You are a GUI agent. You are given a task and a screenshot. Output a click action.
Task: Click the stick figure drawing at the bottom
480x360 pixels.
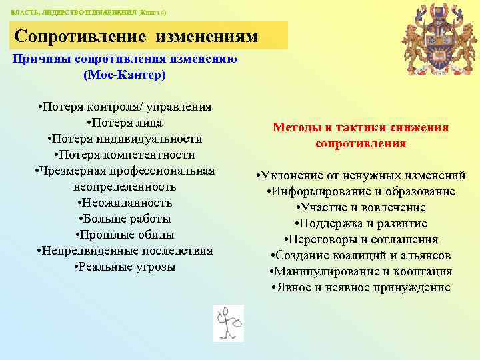pos(229,323)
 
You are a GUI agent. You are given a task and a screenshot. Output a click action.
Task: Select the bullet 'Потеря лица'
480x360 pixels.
pos(125,123)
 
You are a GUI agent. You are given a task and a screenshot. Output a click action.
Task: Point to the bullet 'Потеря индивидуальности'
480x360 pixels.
pos(125,139)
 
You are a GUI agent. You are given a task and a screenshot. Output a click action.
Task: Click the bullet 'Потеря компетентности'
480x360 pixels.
pos(125,155)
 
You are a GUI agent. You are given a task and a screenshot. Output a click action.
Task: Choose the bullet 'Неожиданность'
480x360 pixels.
pos(125,203)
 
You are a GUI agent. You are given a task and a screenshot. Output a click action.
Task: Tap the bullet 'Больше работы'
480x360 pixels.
pos(125,219)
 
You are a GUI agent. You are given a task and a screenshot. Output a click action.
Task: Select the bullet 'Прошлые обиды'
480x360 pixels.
pos(125,235)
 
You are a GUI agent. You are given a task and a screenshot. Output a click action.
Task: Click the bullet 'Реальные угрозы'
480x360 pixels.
pos(125,267)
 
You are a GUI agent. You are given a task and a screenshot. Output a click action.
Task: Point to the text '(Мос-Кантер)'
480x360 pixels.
pos(125,75)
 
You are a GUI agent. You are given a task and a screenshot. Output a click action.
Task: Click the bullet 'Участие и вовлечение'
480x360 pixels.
pos(361,207)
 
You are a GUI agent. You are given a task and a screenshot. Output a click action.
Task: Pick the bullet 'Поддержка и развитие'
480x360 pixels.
pos(361,223)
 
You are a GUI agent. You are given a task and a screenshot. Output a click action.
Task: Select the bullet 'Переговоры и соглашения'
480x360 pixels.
pos(361,239)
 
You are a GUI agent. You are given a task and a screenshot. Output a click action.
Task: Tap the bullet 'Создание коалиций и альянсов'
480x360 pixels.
pos(361,255)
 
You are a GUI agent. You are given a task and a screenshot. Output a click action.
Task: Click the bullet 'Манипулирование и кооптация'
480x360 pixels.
pos(361,271)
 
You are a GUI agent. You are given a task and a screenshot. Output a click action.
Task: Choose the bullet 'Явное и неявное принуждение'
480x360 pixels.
pos(361,287)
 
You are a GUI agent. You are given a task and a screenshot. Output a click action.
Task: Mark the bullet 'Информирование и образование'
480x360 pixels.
pos(361,191)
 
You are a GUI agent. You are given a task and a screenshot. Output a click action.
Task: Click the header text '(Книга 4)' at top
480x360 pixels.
pos(151,13)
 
